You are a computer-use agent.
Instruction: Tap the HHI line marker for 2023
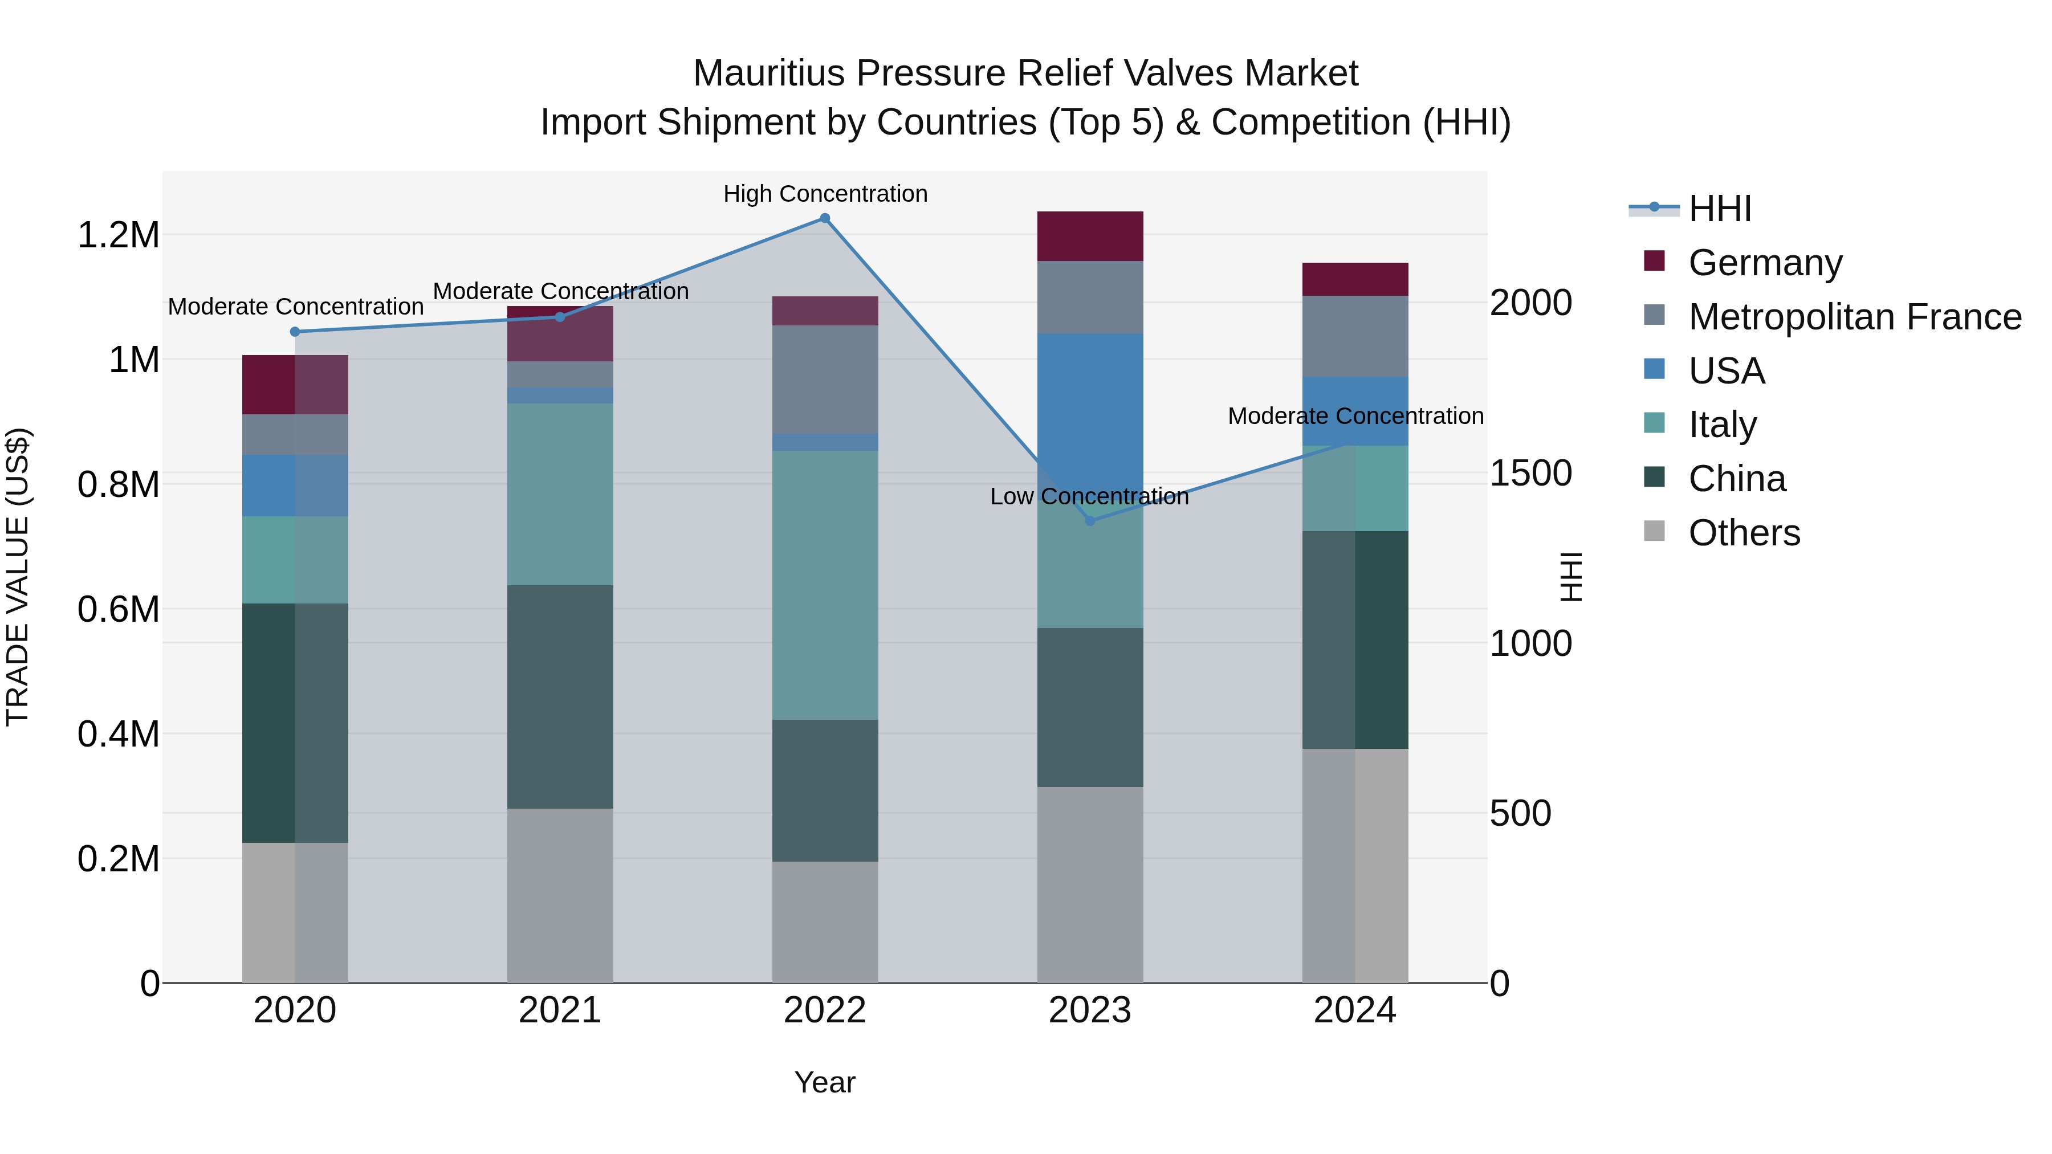1090,521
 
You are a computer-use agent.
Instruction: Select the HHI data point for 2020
295,331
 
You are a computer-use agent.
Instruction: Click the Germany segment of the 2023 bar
1090,236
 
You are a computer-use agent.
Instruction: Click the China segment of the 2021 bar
560,697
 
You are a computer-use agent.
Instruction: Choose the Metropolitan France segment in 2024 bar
1354,336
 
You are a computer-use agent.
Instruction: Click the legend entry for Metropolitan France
1854,317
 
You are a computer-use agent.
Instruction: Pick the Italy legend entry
1722,425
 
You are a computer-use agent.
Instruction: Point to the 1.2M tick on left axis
118,235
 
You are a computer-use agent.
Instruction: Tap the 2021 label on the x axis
560,1010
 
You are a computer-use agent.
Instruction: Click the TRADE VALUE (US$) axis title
18,577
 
